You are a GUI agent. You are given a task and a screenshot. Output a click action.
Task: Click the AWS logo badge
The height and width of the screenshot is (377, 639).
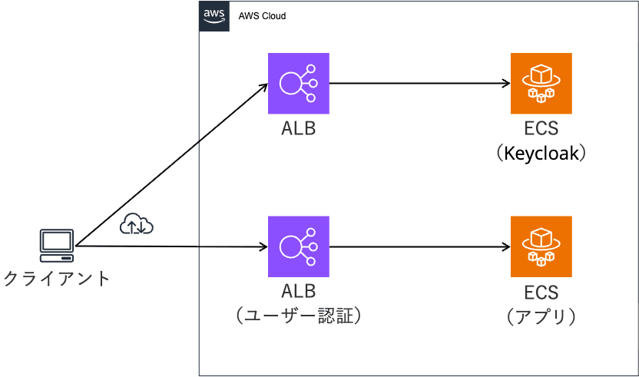tap(214, 16)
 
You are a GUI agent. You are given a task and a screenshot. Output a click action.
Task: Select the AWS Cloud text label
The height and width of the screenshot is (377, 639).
tap(263, 16)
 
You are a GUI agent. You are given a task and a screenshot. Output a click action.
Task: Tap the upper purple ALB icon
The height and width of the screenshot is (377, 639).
tap(298, 83)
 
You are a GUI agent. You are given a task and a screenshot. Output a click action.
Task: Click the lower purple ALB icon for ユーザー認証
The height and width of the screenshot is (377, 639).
tap(298, 246)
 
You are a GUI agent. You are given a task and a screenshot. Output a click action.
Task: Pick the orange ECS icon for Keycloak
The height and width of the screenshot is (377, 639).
tap(541, 83)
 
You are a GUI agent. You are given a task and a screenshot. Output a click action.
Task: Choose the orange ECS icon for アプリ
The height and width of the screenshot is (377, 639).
tap(541, 246)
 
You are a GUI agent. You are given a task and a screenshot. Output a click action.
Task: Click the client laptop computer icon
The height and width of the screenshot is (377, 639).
tap(57, 244)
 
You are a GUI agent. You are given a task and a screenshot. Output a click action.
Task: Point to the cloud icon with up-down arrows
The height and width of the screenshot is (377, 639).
tap(137, 224)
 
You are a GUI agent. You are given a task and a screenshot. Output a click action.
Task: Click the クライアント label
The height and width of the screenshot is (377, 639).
tap(57, 278)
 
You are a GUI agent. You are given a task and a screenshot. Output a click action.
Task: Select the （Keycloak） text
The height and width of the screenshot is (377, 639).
tap(541, 154)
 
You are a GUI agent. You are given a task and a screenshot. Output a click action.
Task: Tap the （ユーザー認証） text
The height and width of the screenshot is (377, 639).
tap(298, 316)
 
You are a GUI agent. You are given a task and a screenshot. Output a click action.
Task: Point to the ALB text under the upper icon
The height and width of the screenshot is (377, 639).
tap(298, 128)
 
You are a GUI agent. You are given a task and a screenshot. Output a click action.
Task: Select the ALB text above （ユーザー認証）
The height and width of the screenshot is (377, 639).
tap(298, 292)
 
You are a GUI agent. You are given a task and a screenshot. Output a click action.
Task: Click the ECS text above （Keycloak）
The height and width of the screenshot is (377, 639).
tap(541, 128)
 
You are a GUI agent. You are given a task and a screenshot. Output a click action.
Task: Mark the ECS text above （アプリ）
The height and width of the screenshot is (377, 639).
tap(541, 293)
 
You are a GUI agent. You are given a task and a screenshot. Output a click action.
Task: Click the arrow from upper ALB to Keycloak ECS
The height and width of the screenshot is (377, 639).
tap(419, 83)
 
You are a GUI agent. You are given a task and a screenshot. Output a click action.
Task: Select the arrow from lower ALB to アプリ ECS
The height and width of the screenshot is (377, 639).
tap(419, 247)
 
